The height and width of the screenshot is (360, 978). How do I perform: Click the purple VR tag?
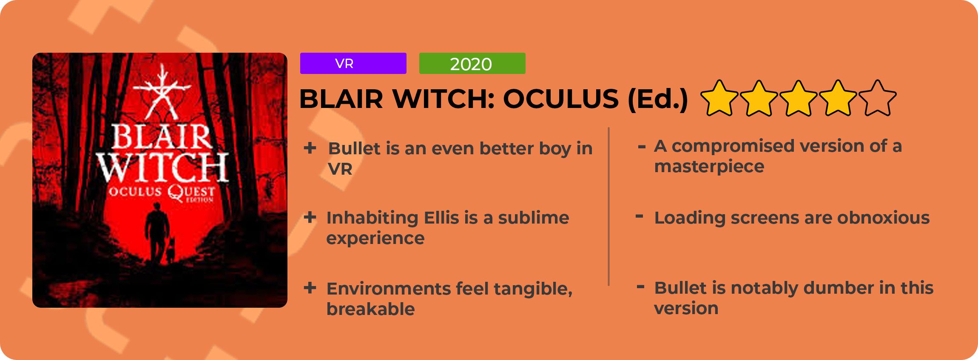tap(353, 63)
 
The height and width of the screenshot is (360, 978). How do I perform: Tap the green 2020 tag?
tap(472, 63)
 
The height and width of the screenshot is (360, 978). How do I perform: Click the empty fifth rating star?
tap(878, 98)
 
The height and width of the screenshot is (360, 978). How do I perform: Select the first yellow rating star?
tap(719, 98)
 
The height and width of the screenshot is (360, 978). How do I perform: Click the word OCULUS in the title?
tap(560, 99)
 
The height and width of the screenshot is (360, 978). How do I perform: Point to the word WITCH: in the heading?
tap(444, 99)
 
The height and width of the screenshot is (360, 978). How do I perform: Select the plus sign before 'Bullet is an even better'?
tap(310, 148)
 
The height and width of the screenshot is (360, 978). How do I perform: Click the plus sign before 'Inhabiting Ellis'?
tap(310, 217)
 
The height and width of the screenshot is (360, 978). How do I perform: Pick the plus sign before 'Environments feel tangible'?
tap(310, 288)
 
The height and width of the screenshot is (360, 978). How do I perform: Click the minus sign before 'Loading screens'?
tap(639, 216)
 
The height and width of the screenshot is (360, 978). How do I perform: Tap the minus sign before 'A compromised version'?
tap(642, 147)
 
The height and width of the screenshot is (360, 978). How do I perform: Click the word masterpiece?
tap(709, 167)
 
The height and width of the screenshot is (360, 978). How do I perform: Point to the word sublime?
tap(534, 218)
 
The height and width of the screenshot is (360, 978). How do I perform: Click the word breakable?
tap(371, 309)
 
